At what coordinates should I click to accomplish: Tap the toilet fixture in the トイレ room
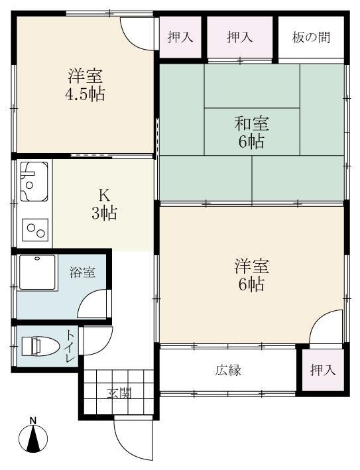point(37,347)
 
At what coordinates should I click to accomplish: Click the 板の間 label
point(311,37)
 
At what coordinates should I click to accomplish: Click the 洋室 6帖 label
point(251,276)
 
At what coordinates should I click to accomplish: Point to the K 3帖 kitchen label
point(104,204)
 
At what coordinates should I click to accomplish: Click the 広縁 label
point(227,370)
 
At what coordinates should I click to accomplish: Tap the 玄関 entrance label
point(119,392)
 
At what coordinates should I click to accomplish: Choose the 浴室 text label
point(82,272)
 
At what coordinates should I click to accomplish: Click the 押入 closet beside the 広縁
point(322,370)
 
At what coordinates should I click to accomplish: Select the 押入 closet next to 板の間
point(240,37)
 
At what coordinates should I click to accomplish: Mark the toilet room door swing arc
point(93,341)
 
